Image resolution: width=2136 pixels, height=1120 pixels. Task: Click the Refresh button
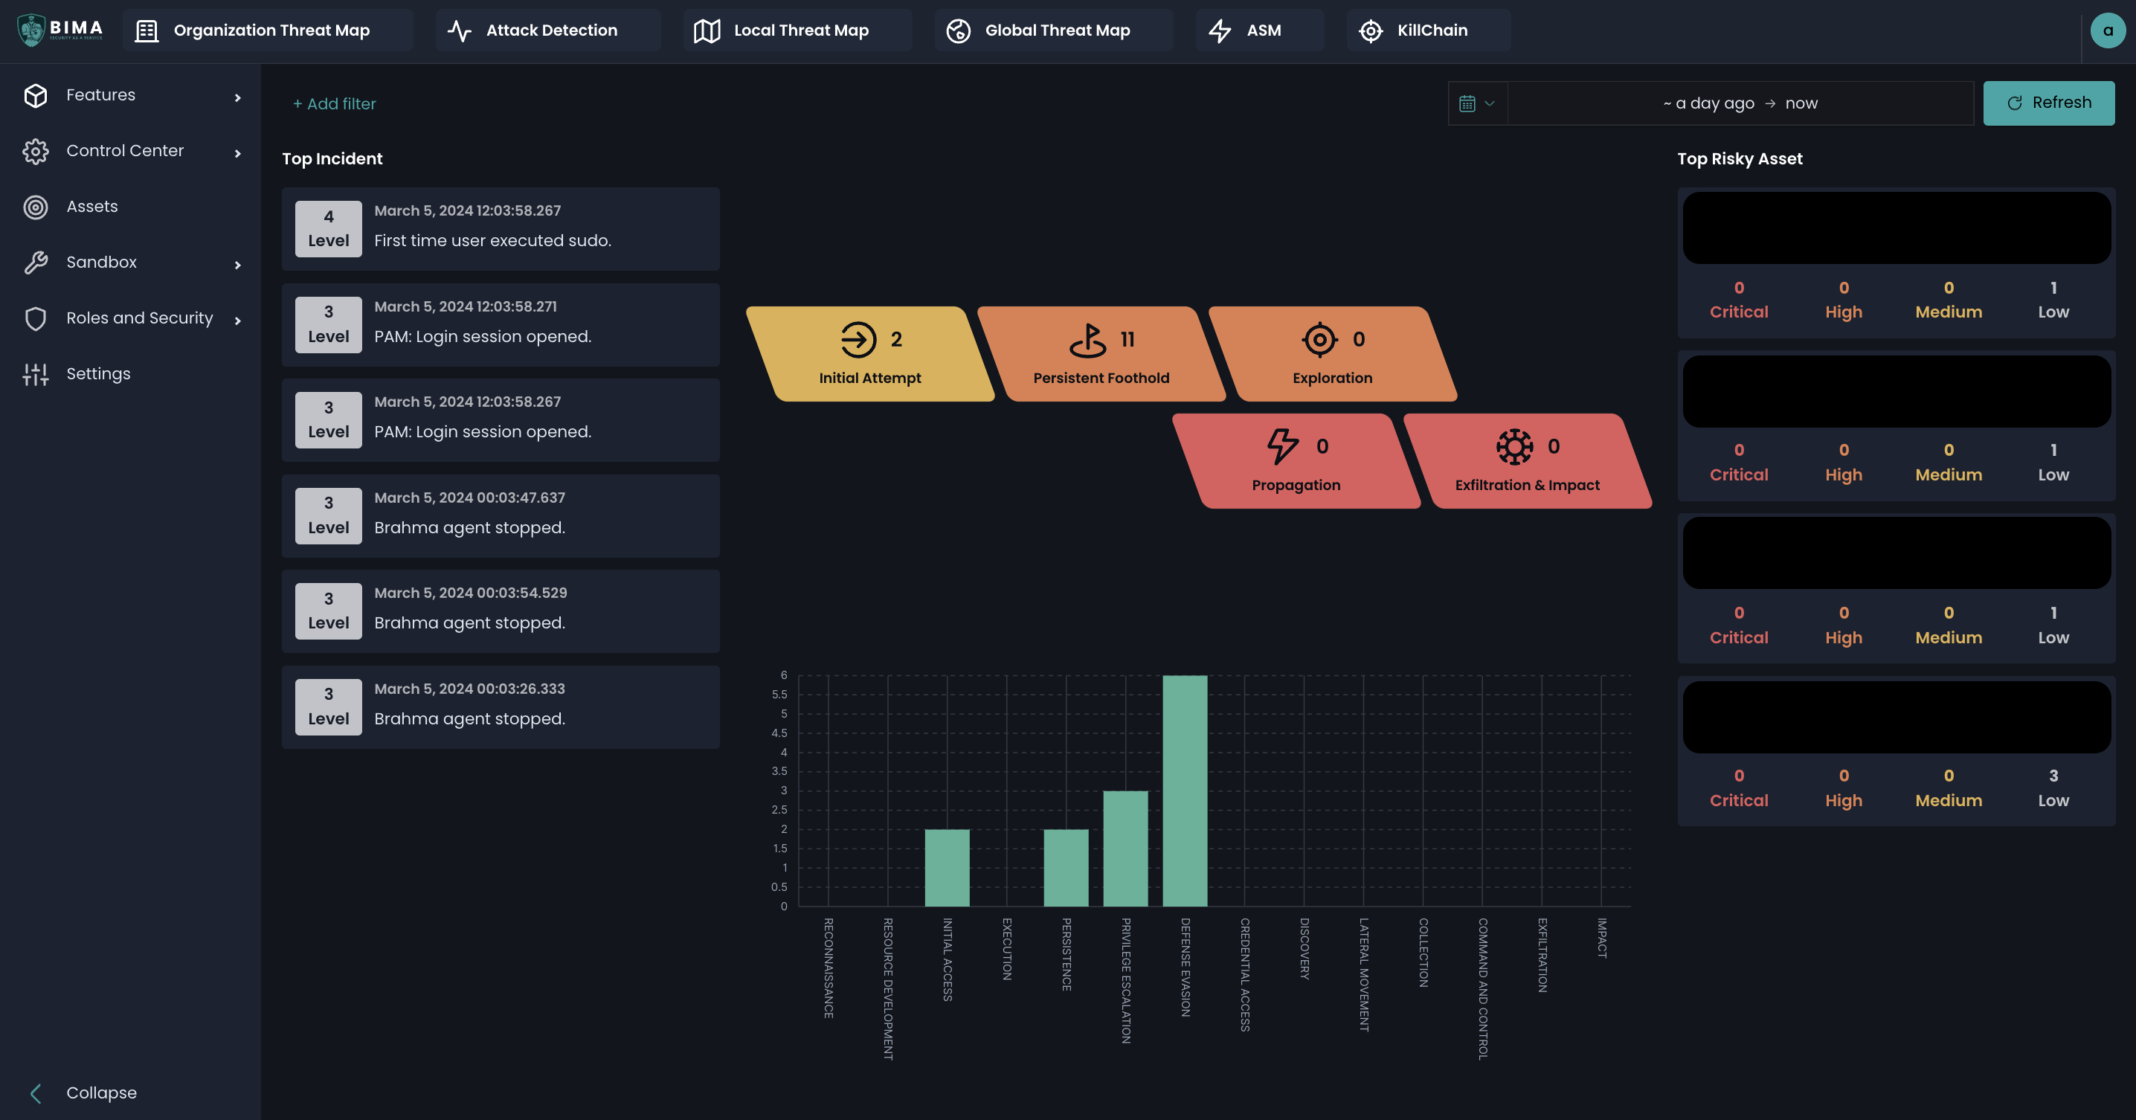[2048, 103]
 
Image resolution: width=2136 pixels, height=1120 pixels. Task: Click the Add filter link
[334, 103]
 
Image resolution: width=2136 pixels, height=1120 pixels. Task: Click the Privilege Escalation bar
[1125, 848]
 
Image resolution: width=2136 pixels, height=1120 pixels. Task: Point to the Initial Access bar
[947, 867]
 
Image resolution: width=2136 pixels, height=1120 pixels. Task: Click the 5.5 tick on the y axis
[779, 695]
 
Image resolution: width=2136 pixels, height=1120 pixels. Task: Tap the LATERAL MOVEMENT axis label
[1364, 974]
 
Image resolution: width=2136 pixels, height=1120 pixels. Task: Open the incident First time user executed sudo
[492, 240]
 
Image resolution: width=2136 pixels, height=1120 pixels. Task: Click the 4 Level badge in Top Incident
[329, 229]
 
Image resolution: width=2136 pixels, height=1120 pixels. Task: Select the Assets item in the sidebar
[92, 207]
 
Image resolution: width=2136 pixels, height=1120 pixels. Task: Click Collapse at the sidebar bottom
[101, 1092]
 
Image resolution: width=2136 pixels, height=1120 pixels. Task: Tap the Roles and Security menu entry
[139, 318]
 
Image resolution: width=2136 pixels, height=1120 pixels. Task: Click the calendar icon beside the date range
[1467, 103]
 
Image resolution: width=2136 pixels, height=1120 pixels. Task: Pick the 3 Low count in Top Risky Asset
[2053, 788]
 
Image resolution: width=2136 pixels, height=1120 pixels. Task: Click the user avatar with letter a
[2107, 30]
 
